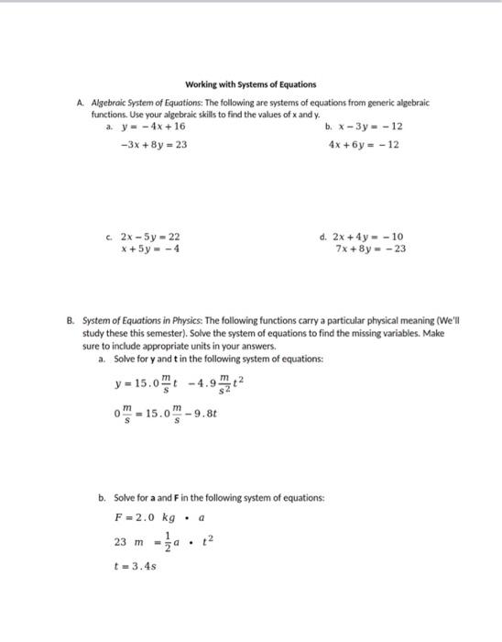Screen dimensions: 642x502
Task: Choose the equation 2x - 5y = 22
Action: pos(150,236)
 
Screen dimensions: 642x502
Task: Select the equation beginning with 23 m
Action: pos(161,541)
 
